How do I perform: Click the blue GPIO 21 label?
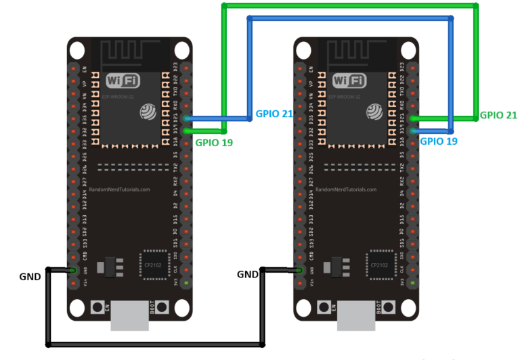[x=274, y=114]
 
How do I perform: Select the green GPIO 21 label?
[x=498, y=115]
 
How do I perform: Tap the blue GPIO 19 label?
[x=439, y=141]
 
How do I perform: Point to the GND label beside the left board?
[x=30, y=276]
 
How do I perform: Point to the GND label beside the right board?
[x=248, y=274]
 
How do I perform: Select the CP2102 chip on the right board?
[x=379, y=265]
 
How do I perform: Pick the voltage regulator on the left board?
[x=108, y=266]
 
